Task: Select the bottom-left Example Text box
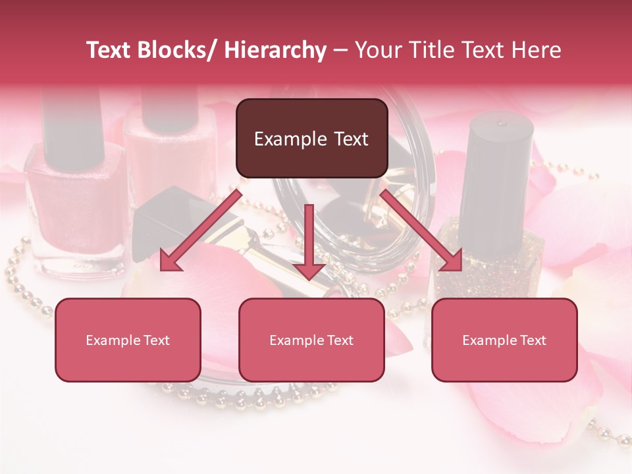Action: click(x=128, y=340)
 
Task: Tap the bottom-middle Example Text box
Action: click(x=311, y=340)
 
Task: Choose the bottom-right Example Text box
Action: click(x=504, y=340)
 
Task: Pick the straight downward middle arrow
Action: click(x=309, y=244)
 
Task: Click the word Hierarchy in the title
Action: click(x=275, y=50)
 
